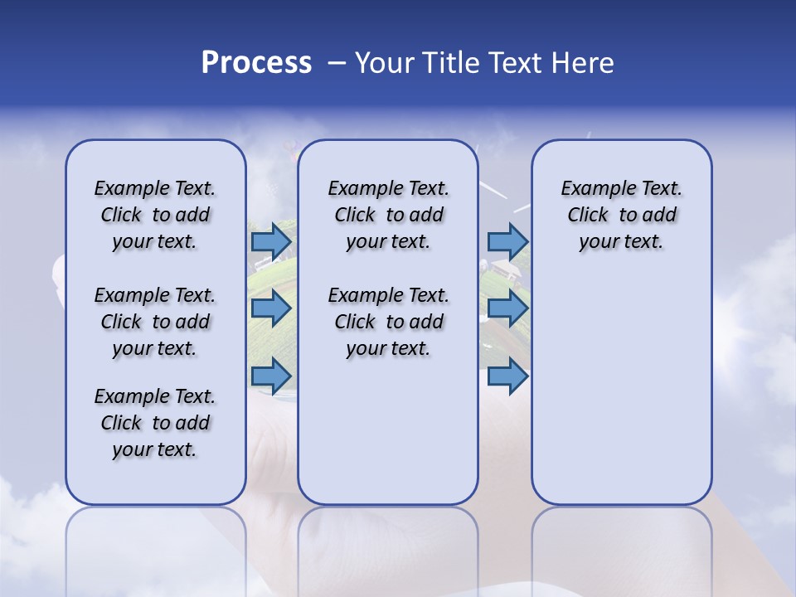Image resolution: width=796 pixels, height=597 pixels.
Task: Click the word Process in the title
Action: coord(256,63)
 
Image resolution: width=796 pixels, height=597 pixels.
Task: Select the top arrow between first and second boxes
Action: coord(271,242)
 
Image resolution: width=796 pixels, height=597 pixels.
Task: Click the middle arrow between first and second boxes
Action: coord(271,308)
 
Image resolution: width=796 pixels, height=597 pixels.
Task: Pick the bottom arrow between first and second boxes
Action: coord(271,376)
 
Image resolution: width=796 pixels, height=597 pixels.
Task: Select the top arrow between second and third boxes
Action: coord(507,241)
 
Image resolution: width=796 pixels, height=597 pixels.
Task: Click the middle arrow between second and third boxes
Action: coord(507,308)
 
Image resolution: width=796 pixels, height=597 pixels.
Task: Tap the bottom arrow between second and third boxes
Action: coord(507,376)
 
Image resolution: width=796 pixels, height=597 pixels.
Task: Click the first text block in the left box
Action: coord(155,215)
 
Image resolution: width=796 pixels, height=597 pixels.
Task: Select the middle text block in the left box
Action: coord(155,322)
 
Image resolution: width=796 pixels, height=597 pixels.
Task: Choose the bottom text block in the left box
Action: coord(155,423)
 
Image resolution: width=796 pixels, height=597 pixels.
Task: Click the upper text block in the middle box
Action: coord(388,215)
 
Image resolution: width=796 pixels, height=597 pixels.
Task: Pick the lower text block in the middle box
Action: coord(388,322)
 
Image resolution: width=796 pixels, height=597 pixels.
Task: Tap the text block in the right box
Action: coord(621,215)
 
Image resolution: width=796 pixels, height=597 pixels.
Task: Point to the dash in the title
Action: coord(337,64)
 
